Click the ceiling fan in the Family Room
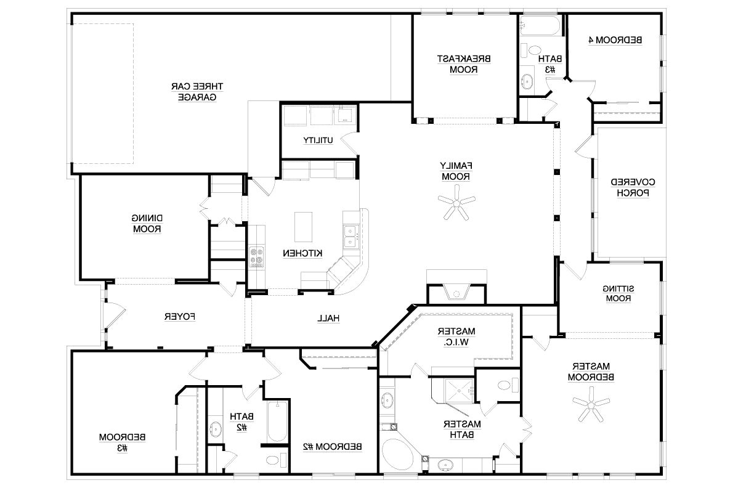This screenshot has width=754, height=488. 456,203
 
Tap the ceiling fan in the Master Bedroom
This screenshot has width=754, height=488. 591,404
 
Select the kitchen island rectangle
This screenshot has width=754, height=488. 303,227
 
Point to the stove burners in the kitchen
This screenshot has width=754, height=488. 256,258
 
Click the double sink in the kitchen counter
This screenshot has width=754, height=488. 350,237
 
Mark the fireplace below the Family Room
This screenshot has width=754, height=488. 456,292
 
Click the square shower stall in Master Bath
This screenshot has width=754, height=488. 459,391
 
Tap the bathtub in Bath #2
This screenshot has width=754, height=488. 277,421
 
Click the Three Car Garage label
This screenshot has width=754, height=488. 197,92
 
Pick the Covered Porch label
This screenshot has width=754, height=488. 633,187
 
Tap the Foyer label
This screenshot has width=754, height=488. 180,317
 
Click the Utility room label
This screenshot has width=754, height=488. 318,140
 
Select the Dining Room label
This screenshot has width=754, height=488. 147,224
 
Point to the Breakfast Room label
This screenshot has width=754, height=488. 464,64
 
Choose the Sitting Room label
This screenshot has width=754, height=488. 618,294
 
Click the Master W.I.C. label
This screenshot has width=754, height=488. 456,337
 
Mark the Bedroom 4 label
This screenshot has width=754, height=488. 615,40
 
